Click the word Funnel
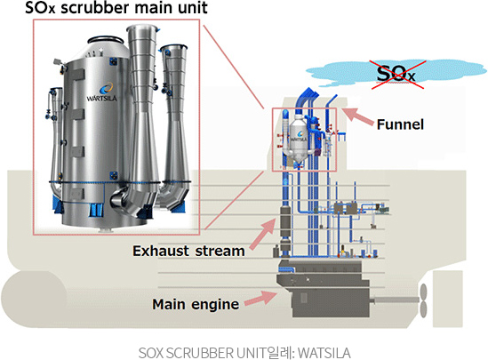400,124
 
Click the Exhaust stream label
188,251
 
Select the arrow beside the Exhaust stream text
263,234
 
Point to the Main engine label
196,304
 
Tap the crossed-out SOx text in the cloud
396,74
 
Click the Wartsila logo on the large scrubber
101,92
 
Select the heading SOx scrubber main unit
116,8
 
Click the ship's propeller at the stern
423,300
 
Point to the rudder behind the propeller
447,299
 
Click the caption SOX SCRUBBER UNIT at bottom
244,353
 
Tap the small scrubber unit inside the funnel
299,137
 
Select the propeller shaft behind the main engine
395,300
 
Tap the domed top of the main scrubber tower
105,48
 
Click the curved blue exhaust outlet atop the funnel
306,97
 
